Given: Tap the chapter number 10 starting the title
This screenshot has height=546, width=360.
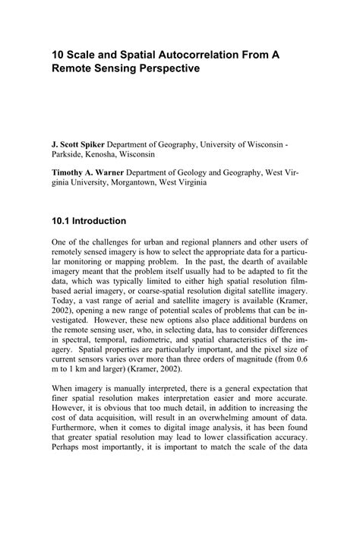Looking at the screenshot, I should point(58,53).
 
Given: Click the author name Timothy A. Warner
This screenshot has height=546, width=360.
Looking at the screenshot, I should point(90,172).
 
